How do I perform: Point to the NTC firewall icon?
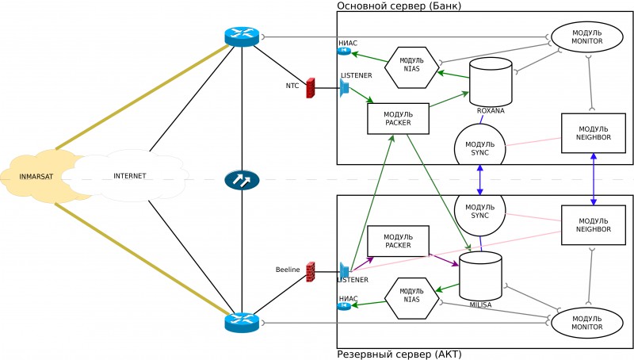pos(310,87)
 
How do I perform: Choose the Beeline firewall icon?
pos(311,270)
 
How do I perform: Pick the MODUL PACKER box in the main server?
pos(398,118)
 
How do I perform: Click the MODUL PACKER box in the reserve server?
pos(398,240)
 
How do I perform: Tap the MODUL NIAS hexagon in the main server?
pos(411,67)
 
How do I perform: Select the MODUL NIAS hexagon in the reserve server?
pos(411,297)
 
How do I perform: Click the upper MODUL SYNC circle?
pos(479,148)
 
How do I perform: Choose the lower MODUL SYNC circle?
pos(479,210)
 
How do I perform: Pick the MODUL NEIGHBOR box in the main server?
pos(594,133)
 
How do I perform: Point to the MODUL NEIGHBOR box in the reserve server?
pos(594,224)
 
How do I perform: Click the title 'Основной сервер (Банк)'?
pos(399,6)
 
